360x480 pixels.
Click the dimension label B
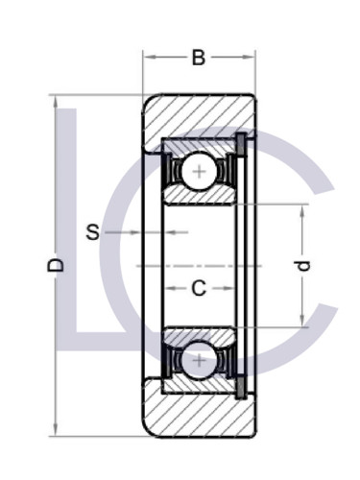pos(199,59)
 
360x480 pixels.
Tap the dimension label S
pos(93,231)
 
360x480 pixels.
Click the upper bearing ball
pos(199,172)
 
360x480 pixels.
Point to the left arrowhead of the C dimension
pos(166,287)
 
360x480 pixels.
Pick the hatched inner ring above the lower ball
pos(199,334)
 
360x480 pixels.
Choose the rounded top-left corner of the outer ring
pos(148,100)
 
